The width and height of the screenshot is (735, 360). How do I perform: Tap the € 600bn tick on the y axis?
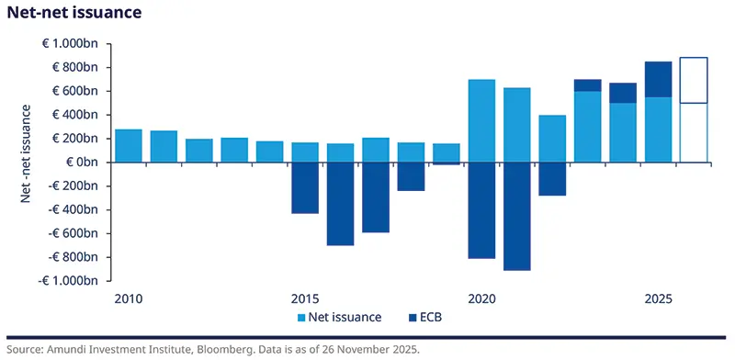coord(75,91)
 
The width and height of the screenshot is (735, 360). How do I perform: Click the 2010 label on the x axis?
coord(128,298)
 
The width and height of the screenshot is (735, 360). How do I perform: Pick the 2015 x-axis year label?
coord(305,298)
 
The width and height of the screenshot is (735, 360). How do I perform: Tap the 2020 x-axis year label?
coord(482,298)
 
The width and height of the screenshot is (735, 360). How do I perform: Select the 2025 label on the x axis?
coord(660,298)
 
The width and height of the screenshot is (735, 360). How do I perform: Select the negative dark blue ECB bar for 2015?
coord(305,188)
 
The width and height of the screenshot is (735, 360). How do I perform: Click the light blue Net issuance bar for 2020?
coord(482,121)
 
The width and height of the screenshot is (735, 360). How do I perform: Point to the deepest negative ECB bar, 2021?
coord(517,216)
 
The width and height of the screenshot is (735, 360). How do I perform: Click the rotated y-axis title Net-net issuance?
coord(28,162)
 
